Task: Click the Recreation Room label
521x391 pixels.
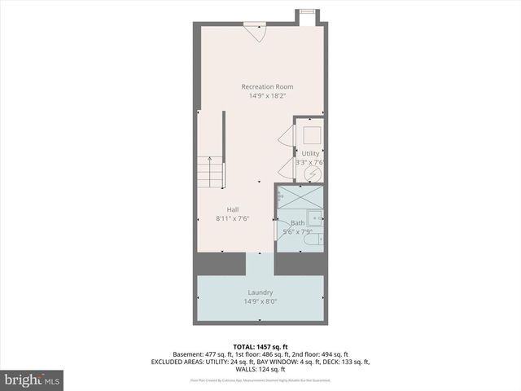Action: (267, 86)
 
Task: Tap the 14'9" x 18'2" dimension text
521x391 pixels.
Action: (267, 96)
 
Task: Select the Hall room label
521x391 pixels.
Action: (233, 209)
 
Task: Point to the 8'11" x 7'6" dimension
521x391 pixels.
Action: (233, 218)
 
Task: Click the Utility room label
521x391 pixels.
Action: (311, 153)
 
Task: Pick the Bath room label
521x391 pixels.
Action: (297, 222)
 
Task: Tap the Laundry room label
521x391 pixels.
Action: (260, 292)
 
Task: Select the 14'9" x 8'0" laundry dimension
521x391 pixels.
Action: (260, 301)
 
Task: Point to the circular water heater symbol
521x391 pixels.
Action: (311, 174)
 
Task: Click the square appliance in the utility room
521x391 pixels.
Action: (312, 134)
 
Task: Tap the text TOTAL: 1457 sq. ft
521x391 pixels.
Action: (260, 345)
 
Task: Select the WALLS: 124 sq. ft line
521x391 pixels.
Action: (260, 369)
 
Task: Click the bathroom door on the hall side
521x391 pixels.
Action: (277, 230)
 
